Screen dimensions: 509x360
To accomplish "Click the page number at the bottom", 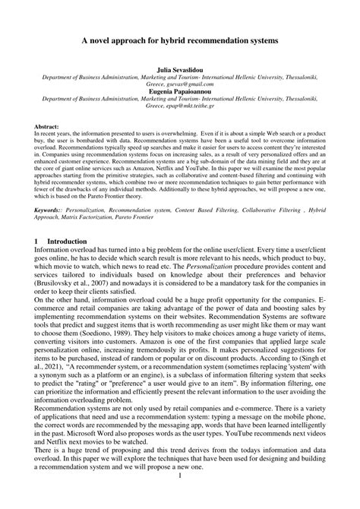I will coord(180,498).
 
